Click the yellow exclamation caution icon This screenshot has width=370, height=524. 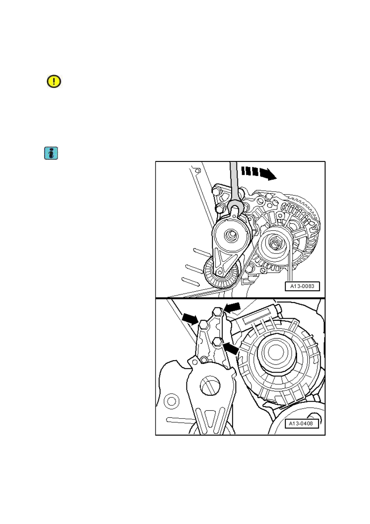[x=54, y=81]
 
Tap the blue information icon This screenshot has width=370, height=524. [x=51, y=153]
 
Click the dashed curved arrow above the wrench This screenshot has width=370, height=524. [x=259, y=173]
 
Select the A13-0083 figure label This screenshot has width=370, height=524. [x=302, y=286]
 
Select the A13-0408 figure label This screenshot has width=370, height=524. [x=302, y=424]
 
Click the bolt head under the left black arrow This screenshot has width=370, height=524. [x=204, y=325]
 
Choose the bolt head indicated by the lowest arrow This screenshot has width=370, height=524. [x=217, y=342]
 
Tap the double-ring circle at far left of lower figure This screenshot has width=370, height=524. [x=172, y=402]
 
